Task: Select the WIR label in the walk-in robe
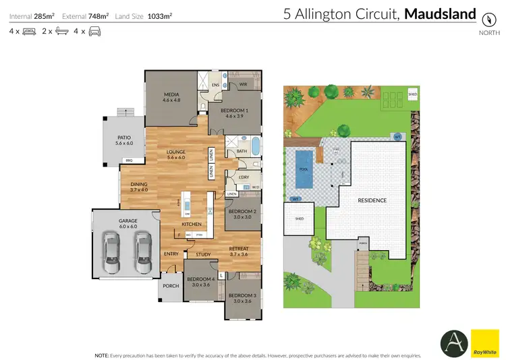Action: [244, 85]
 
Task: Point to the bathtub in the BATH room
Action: [255, 146]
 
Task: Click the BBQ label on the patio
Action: [128, 160]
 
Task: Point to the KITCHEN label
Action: [191, 224]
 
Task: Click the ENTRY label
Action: [171, 254]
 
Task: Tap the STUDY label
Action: [204, 255]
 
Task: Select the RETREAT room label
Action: [240, 250]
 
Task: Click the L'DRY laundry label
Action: [244, 177]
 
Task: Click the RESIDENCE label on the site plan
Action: [372, 200]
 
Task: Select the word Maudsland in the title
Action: [440, 14]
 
